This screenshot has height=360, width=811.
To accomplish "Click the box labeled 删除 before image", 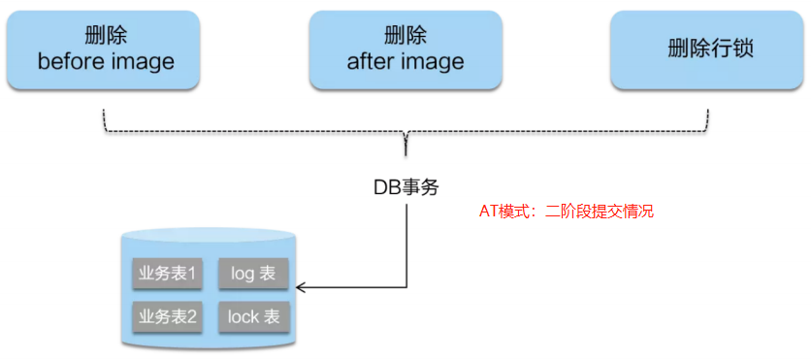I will (106, 49).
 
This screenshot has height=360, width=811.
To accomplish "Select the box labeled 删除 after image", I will (405, 49).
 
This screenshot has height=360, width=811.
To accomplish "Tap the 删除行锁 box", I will (711, 49).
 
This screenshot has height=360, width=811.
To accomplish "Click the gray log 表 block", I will (253, 274).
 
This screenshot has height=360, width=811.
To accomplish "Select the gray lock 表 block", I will (253, 316).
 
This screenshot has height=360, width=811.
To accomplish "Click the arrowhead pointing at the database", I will (301, 287).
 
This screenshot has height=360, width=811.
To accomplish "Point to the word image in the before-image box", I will (142, 62).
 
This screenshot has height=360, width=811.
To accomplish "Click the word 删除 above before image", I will (106, 37).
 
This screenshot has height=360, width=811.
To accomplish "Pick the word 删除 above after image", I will (405, 37).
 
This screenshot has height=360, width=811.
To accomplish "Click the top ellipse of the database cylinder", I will (208, 236).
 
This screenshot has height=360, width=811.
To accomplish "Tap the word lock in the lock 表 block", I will (243, 316).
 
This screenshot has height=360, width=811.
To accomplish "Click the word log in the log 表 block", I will (243, 274).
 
